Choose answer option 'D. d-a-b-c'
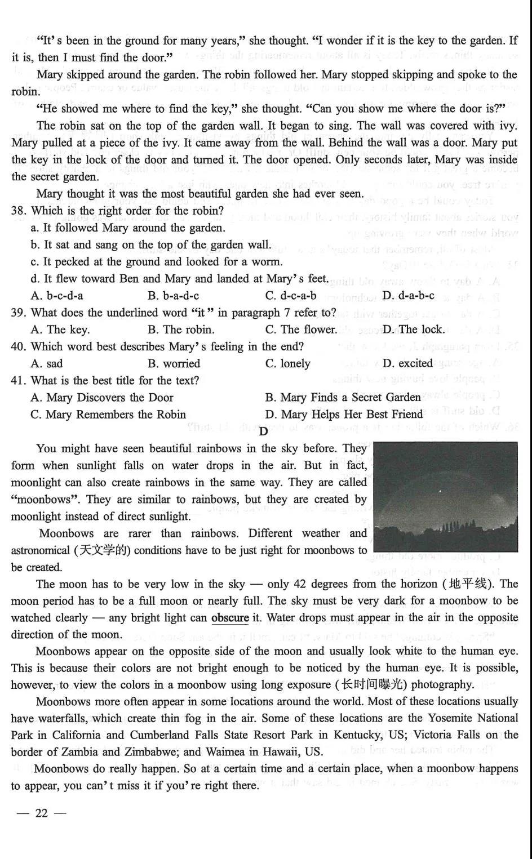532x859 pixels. tap(408, 296)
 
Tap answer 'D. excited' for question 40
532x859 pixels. tap(407, 363)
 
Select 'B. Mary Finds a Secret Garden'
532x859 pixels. tap(343, 398)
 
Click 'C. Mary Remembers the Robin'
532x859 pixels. tap(108, 415)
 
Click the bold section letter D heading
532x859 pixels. tap(263, 431)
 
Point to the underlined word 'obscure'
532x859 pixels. tap(230, 618)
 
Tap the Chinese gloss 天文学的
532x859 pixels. tap(102, 550)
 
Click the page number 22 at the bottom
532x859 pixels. tap(42, 813)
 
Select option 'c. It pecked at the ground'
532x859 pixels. tap(157, 262)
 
